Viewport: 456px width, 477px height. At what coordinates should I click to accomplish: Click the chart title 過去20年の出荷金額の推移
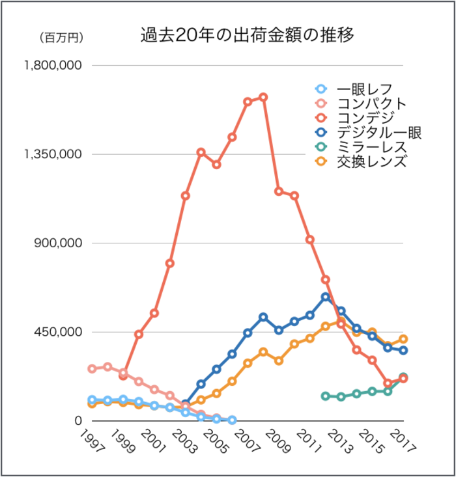click(x=248, y=34)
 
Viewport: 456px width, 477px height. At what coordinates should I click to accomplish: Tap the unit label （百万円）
click(x=61, y=38)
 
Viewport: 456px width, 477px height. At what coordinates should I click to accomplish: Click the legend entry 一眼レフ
click(x=363, y=89)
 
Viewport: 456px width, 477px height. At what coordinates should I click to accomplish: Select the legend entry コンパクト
click(x=371, y=103)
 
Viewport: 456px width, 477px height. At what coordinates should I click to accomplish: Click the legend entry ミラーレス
click(x=371, y=147)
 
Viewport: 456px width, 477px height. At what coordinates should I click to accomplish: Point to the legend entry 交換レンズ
click(x=371, y=161)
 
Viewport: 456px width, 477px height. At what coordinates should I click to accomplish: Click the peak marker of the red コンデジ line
click(x=263, y=97)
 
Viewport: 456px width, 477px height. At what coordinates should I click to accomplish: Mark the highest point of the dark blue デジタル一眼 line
click(x=326, y=297)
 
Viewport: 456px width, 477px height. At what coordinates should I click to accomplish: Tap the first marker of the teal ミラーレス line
click(x=326, y=396)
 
